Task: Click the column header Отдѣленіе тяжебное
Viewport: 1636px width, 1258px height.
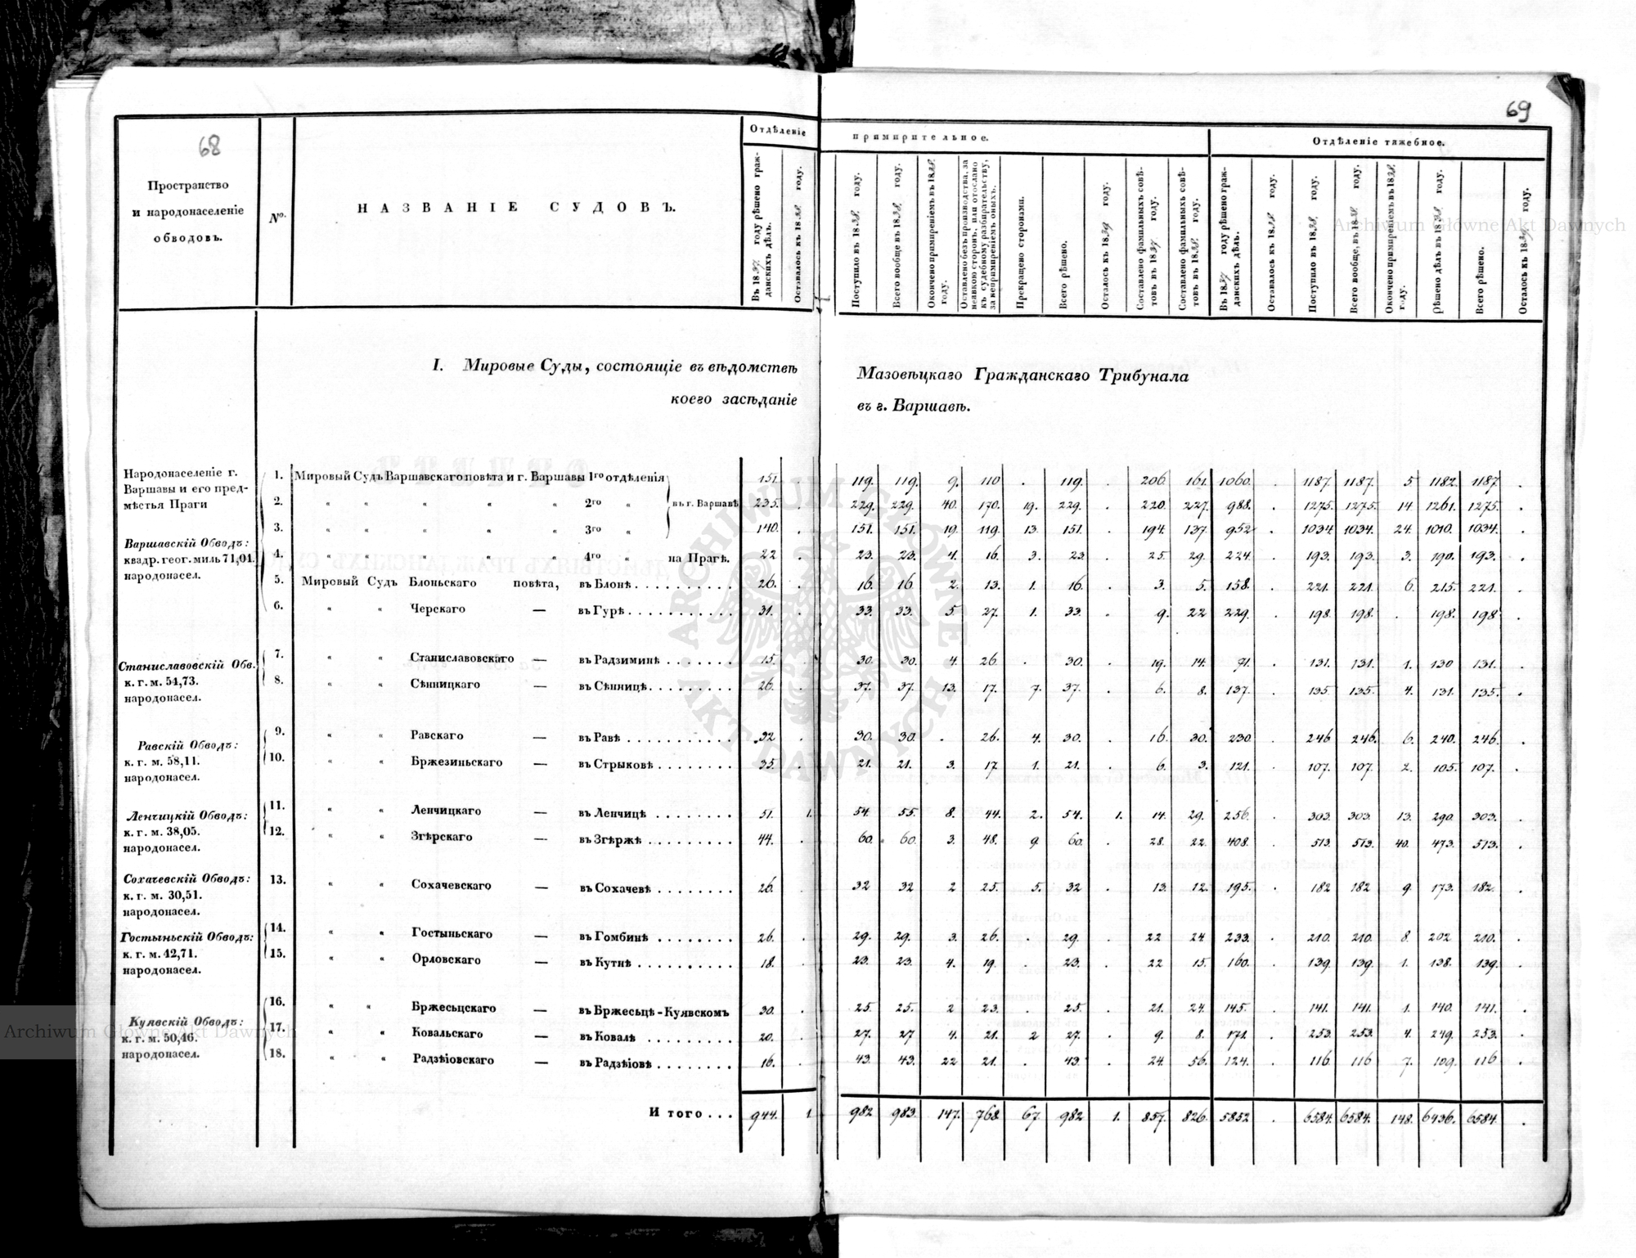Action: (1379, 142)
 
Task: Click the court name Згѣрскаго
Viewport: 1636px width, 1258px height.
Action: (440, 837)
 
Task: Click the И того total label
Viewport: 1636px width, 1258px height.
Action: (685, 1114)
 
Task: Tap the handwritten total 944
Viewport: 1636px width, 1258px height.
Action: (762, 1117)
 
